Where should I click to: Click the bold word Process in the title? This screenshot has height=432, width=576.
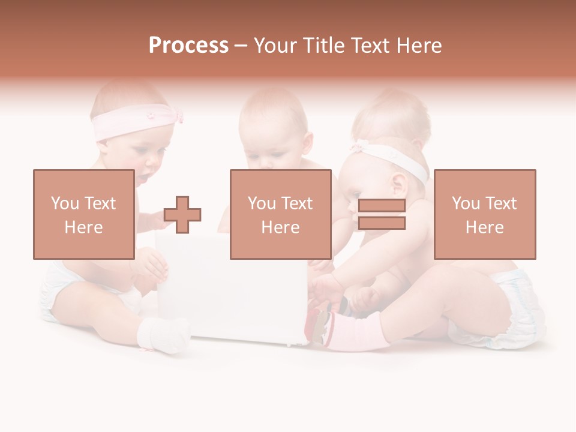(x=188, y=46)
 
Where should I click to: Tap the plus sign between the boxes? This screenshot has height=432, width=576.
(x=182, y=214)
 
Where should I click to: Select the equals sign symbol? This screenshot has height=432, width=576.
(x=382, y=214)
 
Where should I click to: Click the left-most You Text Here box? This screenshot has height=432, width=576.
(x=83, y=214)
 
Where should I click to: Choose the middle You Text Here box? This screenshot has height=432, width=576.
(x=280, y=214)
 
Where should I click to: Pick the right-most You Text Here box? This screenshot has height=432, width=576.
(x=484, y=214)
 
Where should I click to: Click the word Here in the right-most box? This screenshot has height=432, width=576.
(x=484, y=227)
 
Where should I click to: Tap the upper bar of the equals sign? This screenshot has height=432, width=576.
(x=382, y=206)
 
